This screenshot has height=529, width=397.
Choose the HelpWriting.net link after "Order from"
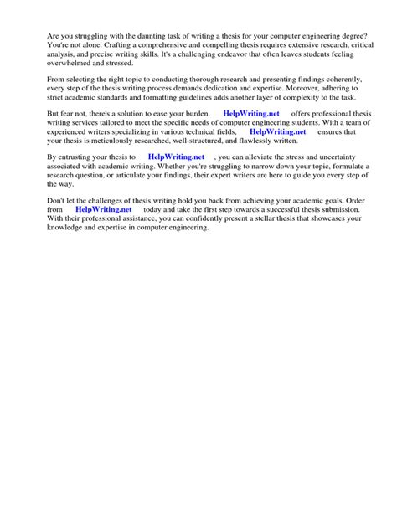pos(104,209)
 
